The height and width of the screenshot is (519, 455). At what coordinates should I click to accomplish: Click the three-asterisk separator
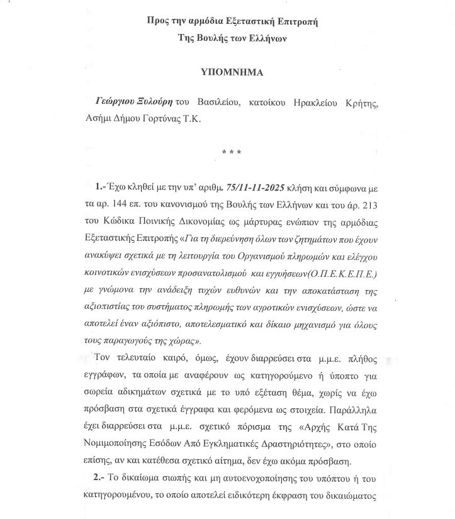(x=228, y=152)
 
